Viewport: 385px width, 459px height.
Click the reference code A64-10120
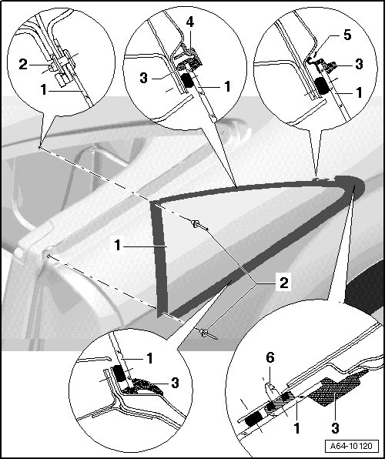click(351, 446)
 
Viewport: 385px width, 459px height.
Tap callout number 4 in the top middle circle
click(189, 22)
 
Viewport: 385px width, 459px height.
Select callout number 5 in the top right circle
click(347, 35)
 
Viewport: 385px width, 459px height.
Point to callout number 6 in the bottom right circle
click(270, 357)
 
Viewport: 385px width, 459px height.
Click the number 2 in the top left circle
click(23, 65)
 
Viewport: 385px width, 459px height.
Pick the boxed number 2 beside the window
click(283, 283)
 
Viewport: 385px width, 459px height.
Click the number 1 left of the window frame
click(118, 246)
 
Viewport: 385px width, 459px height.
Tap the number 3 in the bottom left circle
click(175, 383)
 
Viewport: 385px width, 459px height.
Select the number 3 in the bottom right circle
click(335, 428)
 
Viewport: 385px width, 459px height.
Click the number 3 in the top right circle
click(359, 64)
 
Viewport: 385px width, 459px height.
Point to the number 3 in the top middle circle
click(143, 78)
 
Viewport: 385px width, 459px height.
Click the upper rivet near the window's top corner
click(199, 225)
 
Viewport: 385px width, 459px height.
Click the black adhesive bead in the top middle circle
click(188, 80)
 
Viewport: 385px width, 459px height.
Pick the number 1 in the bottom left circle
click(149, 358)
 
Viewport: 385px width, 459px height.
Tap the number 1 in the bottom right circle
click(297, 428)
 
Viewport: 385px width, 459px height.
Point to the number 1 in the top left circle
click(43, 89)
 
